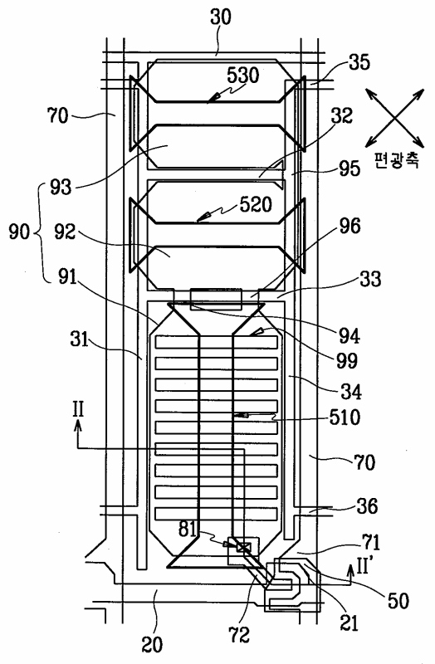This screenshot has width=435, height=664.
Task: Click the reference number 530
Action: coord(242,76)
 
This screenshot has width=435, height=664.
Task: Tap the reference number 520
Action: coord(256,204)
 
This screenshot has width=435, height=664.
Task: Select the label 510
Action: coord(344,417)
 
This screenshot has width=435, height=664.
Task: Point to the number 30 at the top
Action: coord(221,17)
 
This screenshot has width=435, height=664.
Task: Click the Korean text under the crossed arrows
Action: coord(397,159)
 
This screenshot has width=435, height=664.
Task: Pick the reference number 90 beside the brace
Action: coord(19,232)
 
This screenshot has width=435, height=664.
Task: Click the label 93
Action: coord(61,187)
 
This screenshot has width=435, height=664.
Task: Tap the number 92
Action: coord(65,232)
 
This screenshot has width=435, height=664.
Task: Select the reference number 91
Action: coord(66,277)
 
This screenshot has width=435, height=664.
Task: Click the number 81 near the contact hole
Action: coord(188,530)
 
